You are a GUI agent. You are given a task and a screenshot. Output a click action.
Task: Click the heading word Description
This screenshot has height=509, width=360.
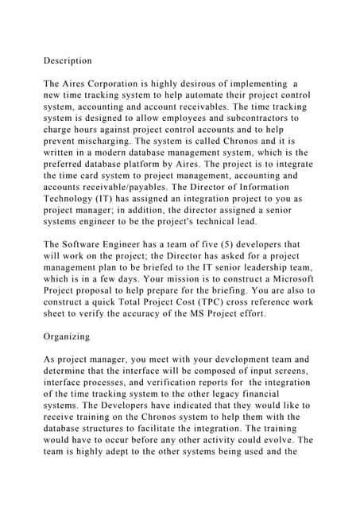68,60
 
